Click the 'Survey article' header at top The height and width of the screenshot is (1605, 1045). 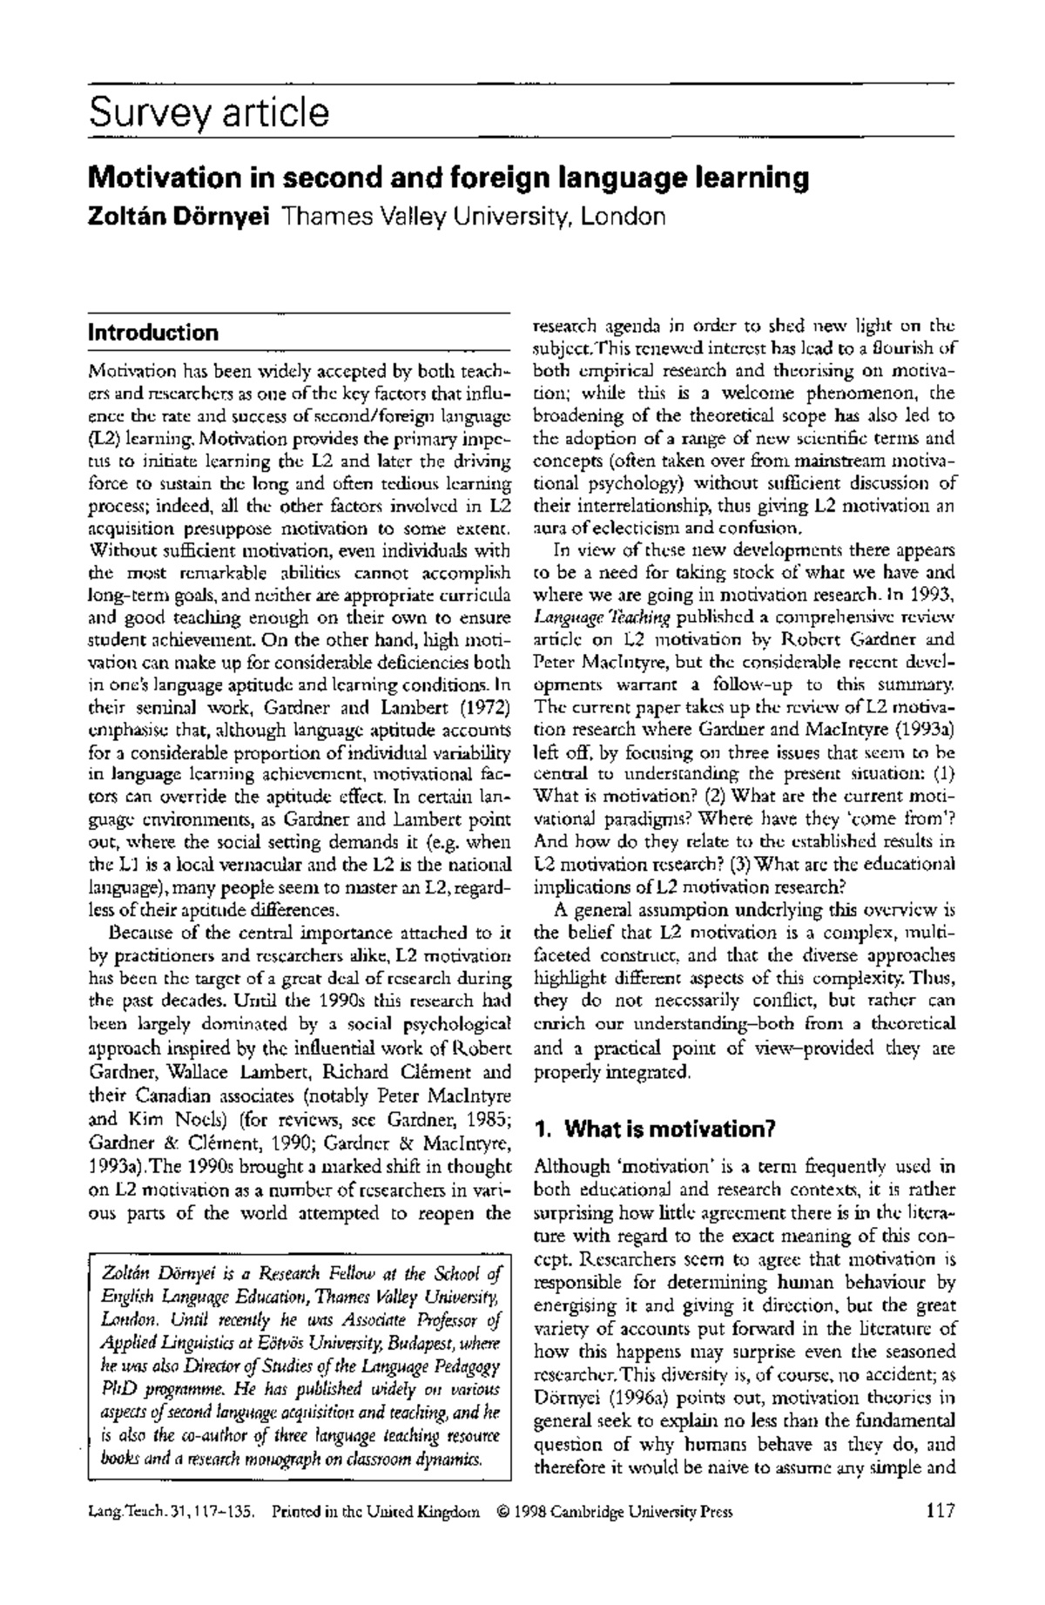(209, 113)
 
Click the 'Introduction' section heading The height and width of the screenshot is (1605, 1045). (153, 333)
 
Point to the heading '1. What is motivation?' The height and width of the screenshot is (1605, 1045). (655, 1130)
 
